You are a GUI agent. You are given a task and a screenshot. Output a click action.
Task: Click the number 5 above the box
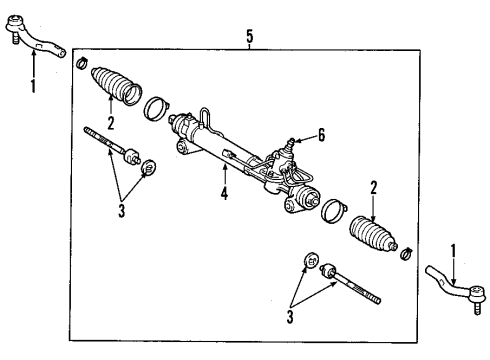click(249, 37)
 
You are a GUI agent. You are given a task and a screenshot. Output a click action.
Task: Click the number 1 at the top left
click(32, 87)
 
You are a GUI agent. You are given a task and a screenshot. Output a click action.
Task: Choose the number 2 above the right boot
click(373, 187)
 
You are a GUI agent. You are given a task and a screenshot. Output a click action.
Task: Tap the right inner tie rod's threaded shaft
click(360, 287)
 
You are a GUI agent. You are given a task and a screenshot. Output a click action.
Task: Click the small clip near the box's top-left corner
click(80, 64)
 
